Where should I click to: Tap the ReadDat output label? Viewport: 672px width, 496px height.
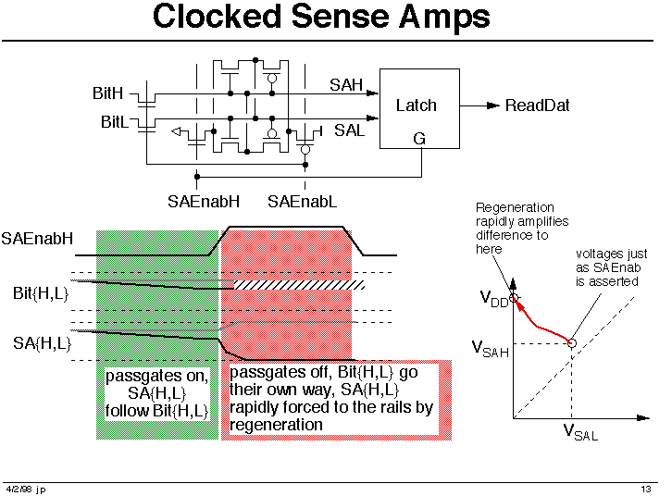pyautogui.click(x=538, y=105)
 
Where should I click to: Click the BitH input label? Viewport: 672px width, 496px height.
pyautogui.click(x=107, y=93)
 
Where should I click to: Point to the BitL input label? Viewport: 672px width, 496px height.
pyautogui.click(x=115, y=122)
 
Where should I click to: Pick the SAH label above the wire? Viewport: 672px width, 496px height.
pyautogui.click(x=346, y=85)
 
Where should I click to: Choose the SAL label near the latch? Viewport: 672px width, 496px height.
pyautogui.click(x=349, y=130)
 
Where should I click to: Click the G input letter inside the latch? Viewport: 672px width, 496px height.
pyautogui.click(x=419, y=139)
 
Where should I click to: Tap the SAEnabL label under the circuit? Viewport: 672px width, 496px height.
pyautogui.click(x=302, y=202)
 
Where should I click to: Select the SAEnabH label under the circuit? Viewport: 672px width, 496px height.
pyautogui.click(x=204, y=202)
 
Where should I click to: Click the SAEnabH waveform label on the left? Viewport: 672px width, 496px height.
pyautogui.click(x=37, y=239)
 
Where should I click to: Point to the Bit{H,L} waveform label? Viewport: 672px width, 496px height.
pyautogui.click(x=41, y=294)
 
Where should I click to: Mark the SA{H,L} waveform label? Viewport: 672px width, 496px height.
pyautogui.click(x=42, y=343)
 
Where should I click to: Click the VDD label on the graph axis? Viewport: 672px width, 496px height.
pyautogui.click(x=494, y=298)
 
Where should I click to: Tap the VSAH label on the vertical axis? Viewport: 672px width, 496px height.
pyautogui.click(x=491, y=349)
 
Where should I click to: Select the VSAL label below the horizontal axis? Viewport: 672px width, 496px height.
pyautogui.click(x=580, y=432)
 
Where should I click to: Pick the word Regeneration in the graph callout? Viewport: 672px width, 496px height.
pyautogui.click(x=515, y=207)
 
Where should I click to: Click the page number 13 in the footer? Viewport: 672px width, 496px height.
pyautogui.click(x=646, y=489)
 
